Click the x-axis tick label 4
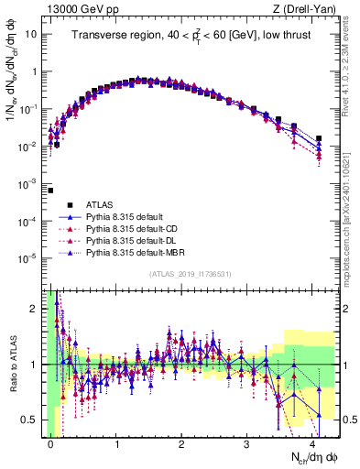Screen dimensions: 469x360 click(x=312, y=443)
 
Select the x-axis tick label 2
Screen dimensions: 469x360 click(x=181, y=443)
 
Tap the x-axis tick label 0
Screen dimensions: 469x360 click(x=51, y=443)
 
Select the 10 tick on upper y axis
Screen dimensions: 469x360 click(x=29, y=34)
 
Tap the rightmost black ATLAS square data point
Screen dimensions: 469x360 click(x=319, y=139)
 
